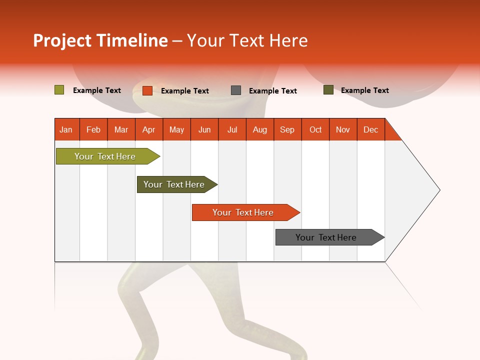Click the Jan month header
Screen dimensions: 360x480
click(66, 129)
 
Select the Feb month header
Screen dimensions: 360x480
click(93, 129)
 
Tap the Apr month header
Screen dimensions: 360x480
click(149, 129)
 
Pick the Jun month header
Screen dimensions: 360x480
click(204, 129)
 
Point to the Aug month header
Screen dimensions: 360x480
click(260, 129)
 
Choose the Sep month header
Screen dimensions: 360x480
click(287, 129)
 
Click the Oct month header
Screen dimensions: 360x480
click(315, 129)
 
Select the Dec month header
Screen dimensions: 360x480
click(371, 129)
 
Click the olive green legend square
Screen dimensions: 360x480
click(59, 90)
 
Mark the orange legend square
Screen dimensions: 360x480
click(147, 90)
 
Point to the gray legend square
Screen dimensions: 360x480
click(236, 90)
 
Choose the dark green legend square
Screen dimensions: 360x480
click(328, 90)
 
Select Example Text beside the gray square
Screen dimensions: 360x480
click(273, 91)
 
